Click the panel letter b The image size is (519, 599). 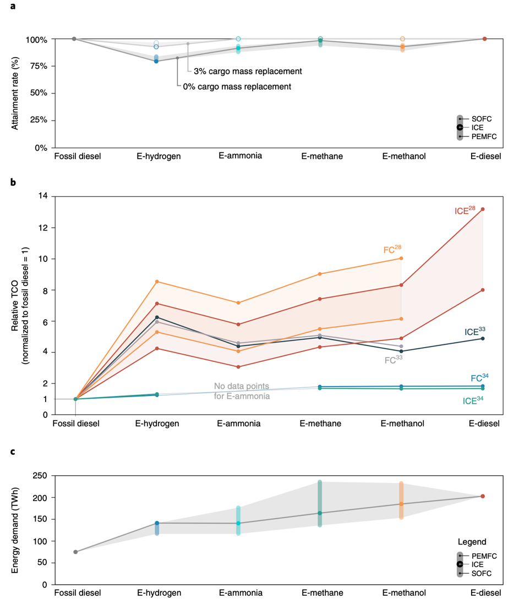14,182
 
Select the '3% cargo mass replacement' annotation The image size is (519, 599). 248,72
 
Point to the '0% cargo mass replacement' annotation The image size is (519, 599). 237,86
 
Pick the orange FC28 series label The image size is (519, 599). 392,249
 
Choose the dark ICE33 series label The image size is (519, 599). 474,331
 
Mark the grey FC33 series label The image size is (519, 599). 393,361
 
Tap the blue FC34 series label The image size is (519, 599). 479,378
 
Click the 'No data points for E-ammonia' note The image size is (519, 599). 242,391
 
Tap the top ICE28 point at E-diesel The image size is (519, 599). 483,209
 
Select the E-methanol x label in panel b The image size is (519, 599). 403,424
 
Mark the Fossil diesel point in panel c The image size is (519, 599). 75,552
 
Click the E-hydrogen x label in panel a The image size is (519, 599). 159,156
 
